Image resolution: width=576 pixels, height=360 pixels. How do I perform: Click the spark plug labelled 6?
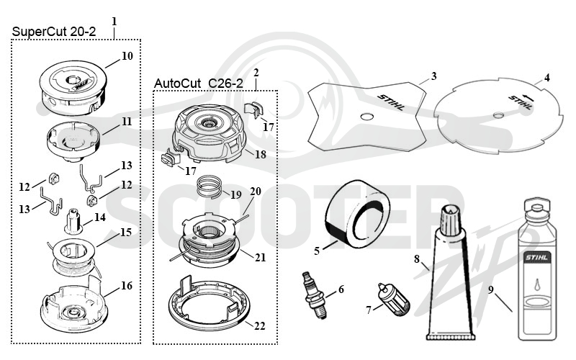click(x=314, y=296)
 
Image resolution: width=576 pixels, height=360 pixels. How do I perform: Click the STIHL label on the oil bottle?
click(x=536, y=257)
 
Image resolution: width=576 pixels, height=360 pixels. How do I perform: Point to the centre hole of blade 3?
click(x=366, y=117)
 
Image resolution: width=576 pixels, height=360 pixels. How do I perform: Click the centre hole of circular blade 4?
click(x=498, y=115)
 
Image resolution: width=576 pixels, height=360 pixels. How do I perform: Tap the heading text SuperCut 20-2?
click(x=53, y=32)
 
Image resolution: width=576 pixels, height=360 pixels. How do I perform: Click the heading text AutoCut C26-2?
click(x=199, y=84)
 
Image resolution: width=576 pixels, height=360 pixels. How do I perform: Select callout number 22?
click(x=259, y=326)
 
